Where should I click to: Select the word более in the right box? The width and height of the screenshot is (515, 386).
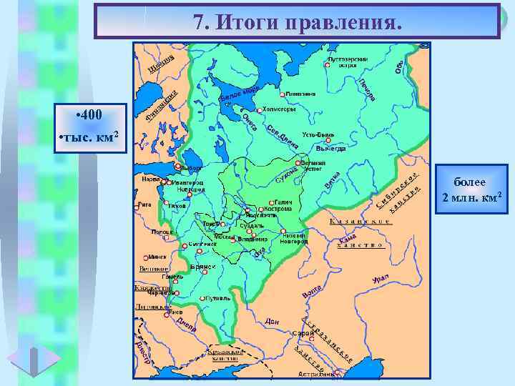point(469,184)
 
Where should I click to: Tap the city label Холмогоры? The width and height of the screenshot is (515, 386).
point(279,109)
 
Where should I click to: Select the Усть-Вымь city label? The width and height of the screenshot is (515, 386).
point(318,134)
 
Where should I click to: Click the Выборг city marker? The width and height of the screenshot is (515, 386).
point(182,169)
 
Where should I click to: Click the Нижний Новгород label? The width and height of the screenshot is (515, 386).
point(295,238)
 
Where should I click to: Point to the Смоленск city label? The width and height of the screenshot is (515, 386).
point(203,244)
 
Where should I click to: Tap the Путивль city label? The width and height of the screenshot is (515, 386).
point(216,298)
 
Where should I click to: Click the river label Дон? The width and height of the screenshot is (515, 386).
point(270,322)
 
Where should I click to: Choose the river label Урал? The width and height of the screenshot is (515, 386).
point(381,279)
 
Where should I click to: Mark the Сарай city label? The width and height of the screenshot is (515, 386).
point(304,334)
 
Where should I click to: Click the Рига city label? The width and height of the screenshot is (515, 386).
point(144,204)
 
